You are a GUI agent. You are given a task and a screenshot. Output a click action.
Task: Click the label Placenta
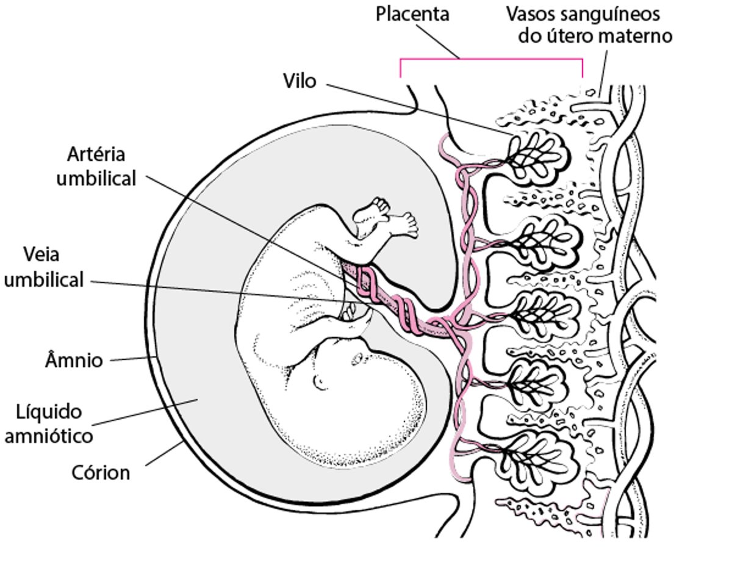click(412, 13)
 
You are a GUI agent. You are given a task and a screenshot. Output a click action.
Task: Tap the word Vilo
click(300, 80)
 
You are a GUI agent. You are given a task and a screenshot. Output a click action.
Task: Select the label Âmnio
click(74, 360)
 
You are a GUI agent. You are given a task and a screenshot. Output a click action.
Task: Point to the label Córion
click(101, 472)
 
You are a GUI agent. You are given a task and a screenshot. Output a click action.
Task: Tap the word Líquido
click(49, 412)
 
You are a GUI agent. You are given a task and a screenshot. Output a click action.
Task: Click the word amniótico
click(49, 436)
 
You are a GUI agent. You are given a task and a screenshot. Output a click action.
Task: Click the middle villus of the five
click(537, 309)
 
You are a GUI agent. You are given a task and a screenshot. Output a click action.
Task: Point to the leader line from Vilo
click(415, 107)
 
